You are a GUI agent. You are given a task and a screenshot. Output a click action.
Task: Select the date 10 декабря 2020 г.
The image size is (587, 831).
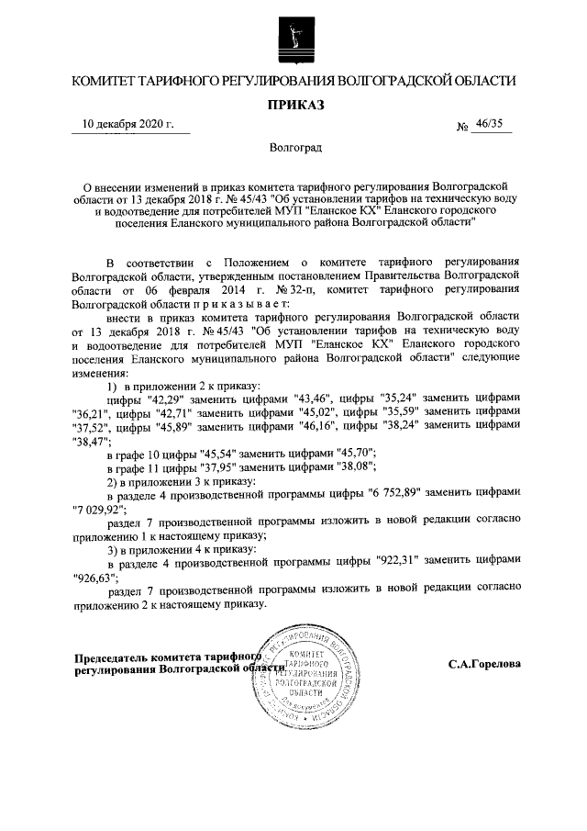[x=128, y=125]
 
